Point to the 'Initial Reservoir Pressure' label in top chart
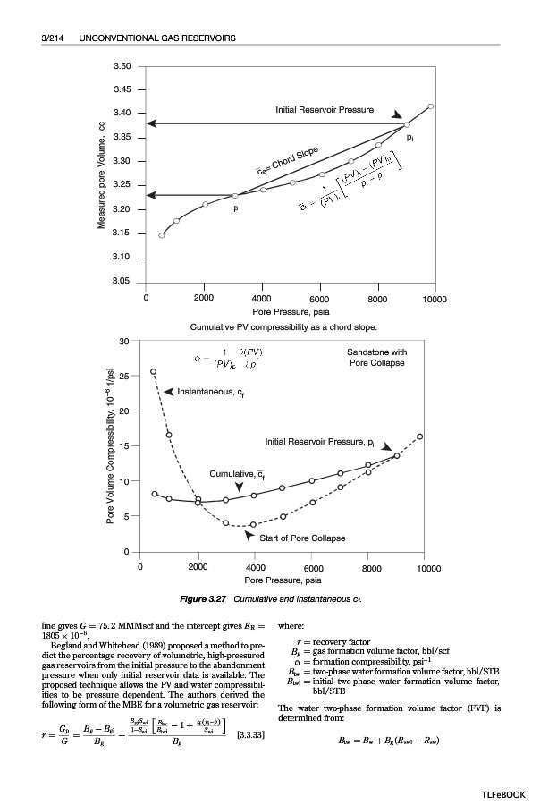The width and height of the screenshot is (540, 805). pos(325,109)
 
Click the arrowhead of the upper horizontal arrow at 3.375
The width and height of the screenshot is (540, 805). pos(152,123)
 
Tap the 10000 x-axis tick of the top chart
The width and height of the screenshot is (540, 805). pos(435,297)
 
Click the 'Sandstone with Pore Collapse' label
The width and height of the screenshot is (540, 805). pos(376,358)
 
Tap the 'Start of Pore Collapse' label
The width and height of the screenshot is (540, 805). pos(301,538)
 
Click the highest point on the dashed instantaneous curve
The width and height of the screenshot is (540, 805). pos(154,371)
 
